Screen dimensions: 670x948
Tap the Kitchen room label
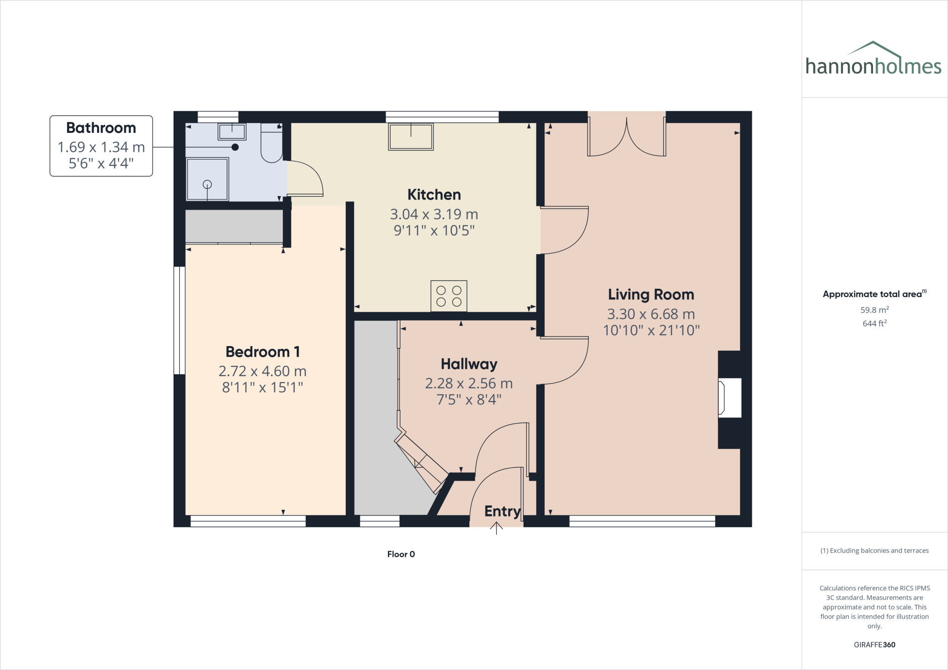(x=434, y=195)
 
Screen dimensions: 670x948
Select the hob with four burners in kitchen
(x=449, y=296)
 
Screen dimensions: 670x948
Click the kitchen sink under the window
(x=411, y=137)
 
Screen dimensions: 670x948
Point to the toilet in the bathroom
(x=272, y=143)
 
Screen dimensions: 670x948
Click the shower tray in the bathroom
(x=207, y=179)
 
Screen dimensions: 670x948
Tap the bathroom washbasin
(x=232, y=131)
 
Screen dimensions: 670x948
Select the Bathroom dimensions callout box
(x=101, y=146)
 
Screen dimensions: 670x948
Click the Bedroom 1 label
(x=262, y=352)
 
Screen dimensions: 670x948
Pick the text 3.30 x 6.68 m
(x=651, y=314)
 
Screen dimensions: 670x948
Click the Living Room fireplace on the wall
(x=729, y=398)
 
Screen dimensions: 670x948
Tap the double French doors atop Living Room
(x=626, y=136)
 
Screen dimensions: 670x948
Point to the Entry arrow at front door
(x=496, y=528)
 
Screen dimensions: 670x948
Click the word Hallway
(x=469, y=364)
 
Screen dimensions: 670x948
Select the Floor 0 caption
(x=401, y=554)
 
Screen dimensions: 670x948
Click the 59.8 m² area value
(x=874, y=310)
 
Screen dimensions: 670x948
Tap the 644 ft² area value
(x=874, y=323)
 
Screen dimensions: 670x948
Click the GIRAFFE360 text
(x=874, y=645)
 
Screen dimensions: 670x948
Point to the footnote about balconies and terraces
(x=874, y=551)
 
